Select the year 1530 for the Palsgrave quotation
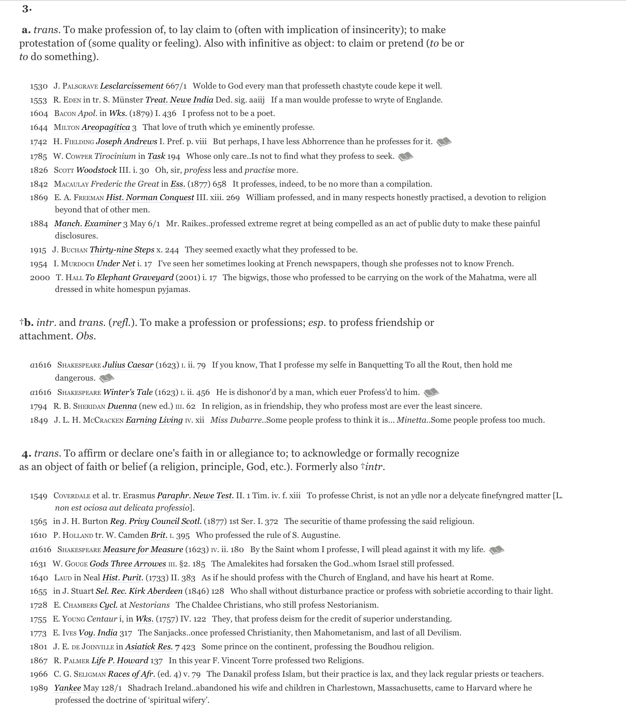(x=39, y=86)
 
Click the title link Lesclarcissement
(x=131, y=86)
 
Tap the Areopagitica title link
(x=105, y=127)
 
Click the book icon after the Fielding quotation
(x=444, y=142)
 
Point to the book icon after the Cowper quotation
(x=405, y=156)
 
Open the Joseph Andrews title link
(x=126, y=142)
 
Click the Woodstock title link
(x=96, y=170)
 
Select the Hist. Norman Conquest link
(x=150, y=198)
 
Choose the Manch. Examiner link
(x=87, y=224)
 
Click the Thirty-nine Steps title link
(x=122, y=250)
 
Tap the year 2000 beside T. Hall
(x=40, y=278)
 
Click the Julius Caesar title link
(x=128, y=365)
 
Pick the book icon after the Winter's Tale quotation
(x=431, y=392)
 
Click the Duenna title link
(x=122, y=406)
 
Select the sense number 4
(x=27, y=454)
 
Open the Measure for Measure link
(x=143, y=550)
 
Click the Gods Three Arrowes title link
(x=128, y=564)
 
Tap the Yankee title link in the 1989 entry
(x=67, y=688)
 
